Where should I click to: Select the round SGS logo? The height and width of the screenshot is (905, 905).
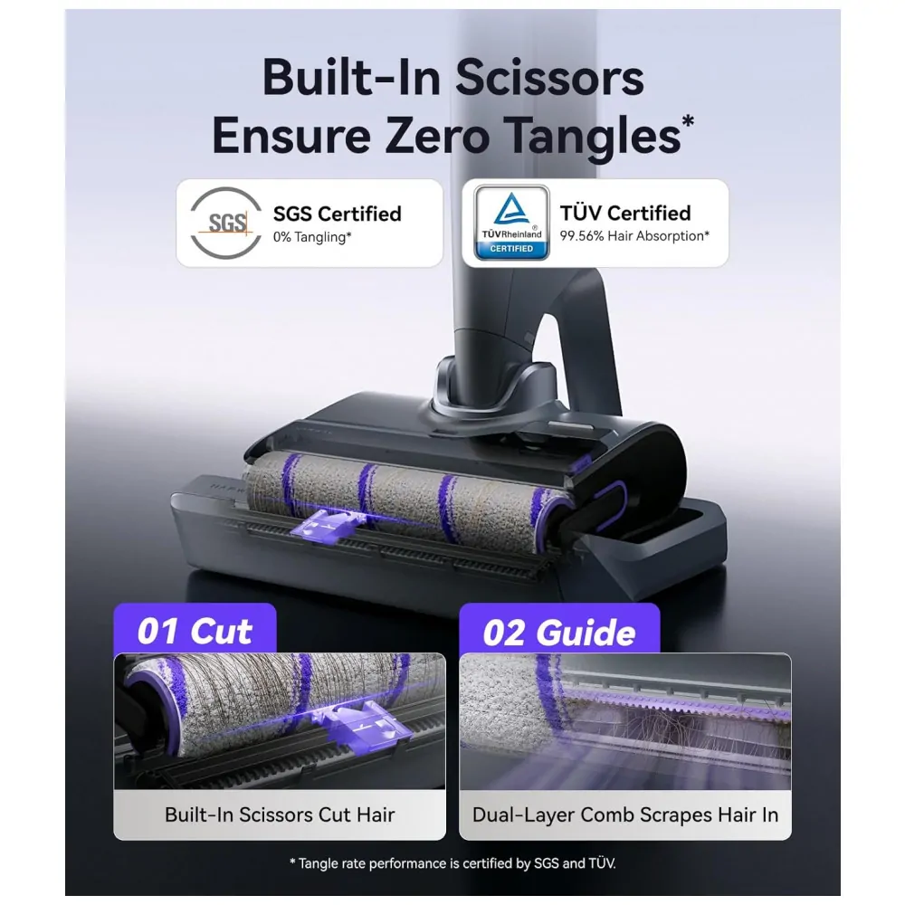tap(225, 223)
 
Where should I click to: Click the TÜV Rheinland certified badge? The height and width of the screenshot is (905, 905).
tap(511, 223)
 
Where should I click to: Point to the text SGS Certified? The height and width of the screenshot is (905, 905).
tap(337, 214)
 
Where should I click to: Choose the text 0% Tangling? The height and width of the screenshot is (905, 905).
tap(312, 237)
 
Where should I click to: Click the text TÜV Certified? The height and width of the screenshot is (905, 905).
tap(625, 213)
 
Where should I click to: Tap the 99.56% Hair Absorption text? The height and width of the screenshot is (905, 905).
tap(634, 236)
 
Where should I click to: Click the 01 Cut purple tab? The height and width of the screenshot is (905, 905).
tap(195, 629)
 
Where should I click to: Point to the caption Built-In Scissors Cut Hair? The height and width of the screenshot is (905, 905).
tap(280, 814)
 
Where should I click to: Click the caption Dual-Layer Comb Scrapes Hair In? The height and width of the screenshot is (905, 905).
tap(625, 814)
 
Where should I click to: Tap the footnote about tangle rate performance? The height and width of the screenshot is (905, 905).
tap(452, 862)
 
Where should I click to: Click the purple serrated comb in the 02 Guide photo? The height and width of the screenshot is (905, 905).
tap(675, 701)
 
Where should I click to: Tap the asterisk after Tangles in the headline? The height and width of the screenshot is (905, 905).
tap(688, 120)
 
